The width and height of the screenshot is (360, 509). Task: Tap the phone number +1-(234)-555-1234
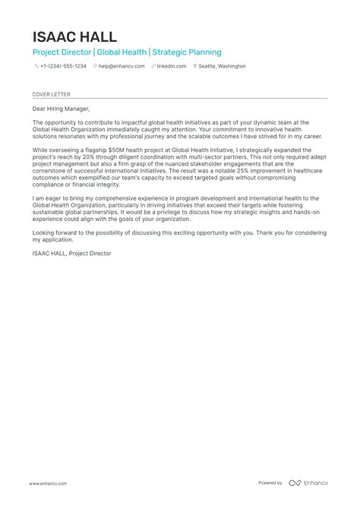pyautogui.click(x=63, y=66)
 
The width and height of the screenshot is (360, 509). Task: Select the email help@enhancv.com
pyautogui.click(x=118, y=66)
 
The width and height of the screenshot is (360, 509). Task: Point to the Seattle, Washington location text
pyautogui.click(x=223, y=66)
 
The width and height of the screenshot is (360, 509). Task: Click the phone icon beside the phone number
pyautogui.click(x=36, y=66)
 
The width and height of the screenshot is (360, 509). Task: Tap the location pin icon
pyautogui.click(x=195, y=66)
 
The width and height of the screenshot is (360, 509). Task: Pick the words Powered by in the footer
pyautogui.click(x=270, y=483)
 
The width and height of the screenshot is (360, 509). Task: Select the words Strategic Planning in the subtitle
pyautogui.click(x=188, y=52)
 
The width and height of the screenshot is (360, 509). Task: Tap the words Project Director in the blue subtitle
pyautogui.click(x=62, y=52)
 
